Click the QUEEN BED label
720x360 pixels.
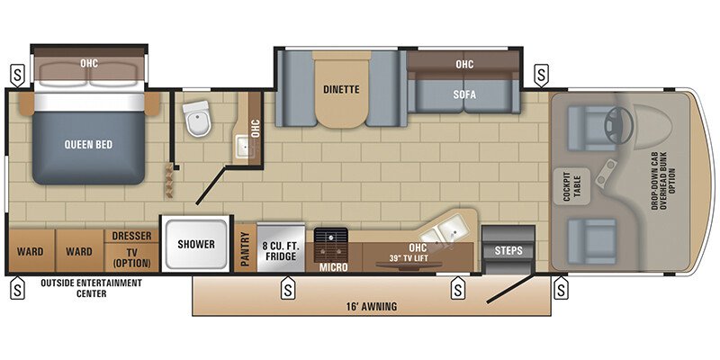click(x=88, y=144)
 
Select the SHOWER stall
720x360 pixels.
click(x=195, y=244)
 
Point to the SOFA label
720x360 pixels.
click(x=464, y=94)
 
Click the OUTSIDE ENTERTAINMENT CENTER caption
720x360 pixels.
click(x=91, y=287)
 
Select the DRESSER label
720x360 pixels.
click(x=132, y=236)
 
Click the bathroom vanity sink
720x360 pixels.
click(x=242, y=144)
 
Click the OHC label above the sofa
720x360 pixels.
click(x=464, y=64)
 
